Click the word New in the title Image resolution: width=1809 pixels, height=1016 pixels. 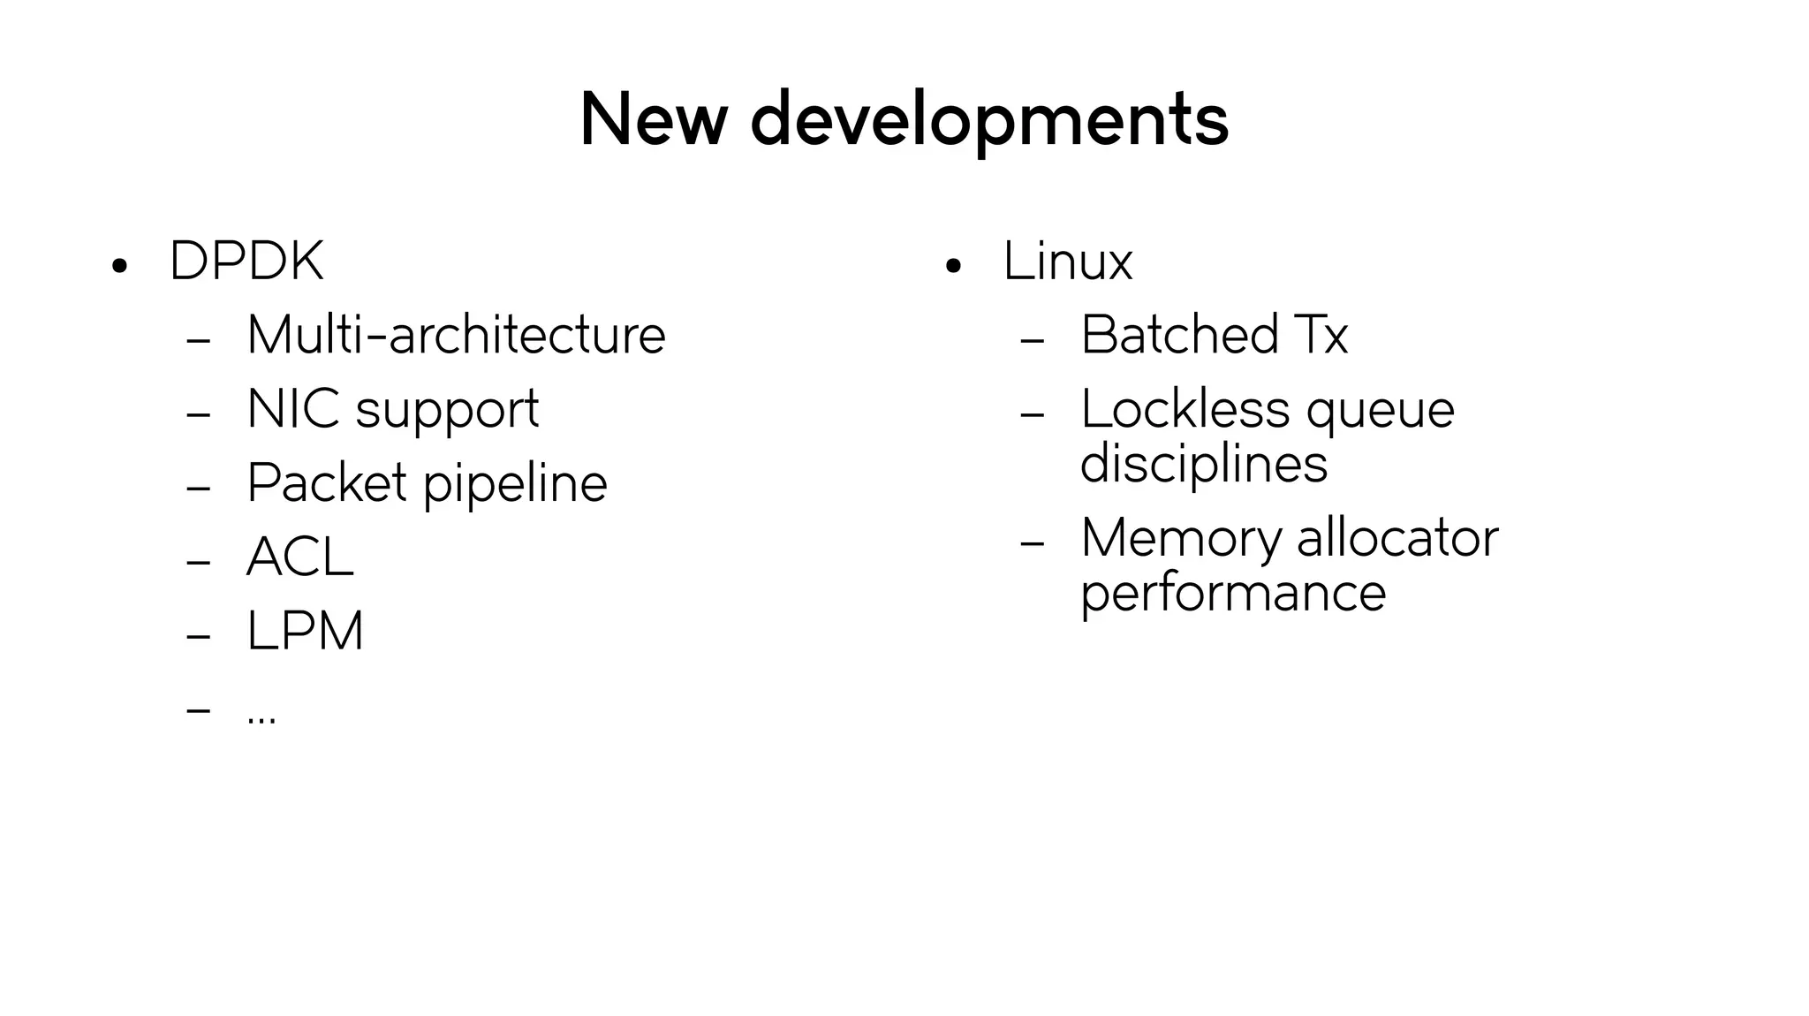(x=653, y=119)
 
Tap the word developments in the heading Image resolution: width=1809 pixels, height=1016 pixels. (x=989, y=121)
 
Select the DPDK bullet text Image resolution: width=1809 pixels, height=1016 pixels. (x=246, y=262)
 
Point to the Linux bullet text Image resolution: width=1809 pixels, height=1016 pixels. (x=1067, y=262)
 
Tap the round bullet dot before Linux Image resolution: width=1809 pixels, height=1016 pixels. (x=952, y=265)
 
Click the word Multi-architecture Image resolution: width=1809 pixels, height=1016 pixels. (x=456, y=335)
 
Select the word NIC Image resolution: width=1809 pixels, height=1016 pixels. (x=292, y=409)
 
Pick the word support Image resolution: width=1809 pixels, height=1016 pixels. (x=447, y=411)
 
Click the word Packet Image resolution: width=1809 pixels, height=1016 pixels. (x=327, y=483)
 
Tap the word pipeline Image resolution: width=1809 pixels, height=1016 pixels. (x=515, y=485)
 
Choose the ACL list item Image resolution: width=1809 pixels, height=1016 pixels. (x=300, y=557)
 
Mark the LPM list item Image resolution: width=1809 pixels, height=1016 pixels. (x=305, y=631)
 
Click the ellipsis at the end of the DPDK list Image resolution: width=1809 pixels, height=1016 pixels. (x=261, y=717)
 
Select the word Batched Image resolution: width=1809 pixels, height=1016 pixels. (x=1179, y=335)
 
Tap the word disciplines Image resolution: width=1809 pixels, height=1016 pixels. (x=1203, y=464)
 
